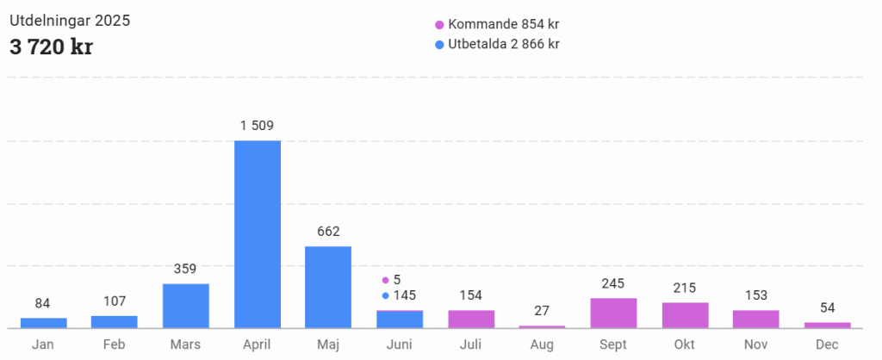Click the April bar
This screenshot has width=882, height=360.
click(x=258, y=233)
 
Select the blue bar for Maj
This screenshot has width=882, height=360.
click(x=328, y=287)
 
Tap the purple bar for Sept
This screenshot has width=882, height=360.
click(x=613, y=313)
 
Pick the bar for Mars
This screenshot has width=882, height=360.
click(x=186, y=306)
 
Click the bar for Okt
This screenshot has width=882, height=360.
click(x=685, y=315)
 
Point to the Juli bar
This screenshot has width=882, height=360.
click(x=471, y=319)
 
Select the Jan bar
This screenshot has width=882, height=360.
click(x=43, y=322)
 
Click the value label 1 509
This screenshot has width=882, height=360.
click(x=257, y=126)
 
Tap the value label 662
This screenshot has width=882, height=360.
click(x=328, y=231)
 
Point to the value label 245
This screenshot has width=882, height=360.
click(x=613, y=283)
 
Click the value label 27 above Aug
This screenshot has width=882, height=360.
click(x=542, y=310)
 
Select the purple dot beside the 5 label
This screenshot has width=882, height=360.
click(x=385, y=280)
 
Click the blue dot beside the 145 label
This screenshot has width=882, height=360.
click(x=385, y=295)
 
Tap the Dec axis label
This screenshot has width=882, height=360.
click(x=827, y=344)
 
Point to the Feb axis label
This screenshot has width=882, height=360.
click(x=115, y=344)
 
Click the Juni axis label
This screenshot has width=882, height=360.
click(x=400, y=344)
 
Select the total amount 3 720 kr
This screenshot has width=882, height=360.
click(x=51, y=47)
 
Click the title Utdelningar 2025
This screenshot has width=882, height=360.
click(x=70, y=20)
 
